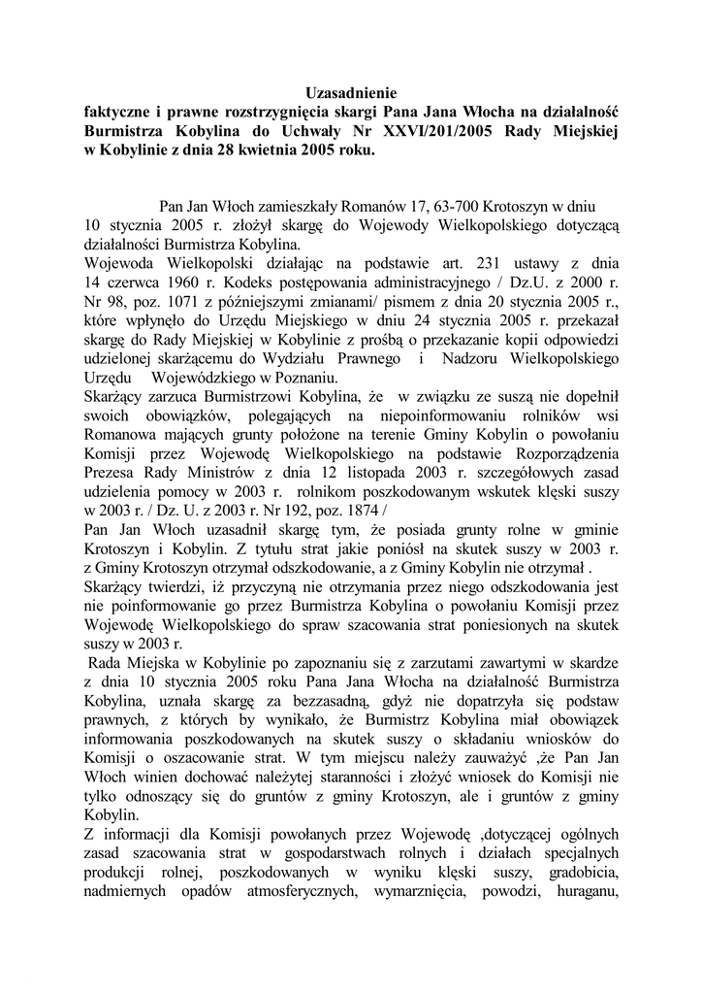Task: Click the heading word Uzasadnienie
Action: coord(351,94)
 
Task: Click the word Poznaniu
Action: coord(304,376)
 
